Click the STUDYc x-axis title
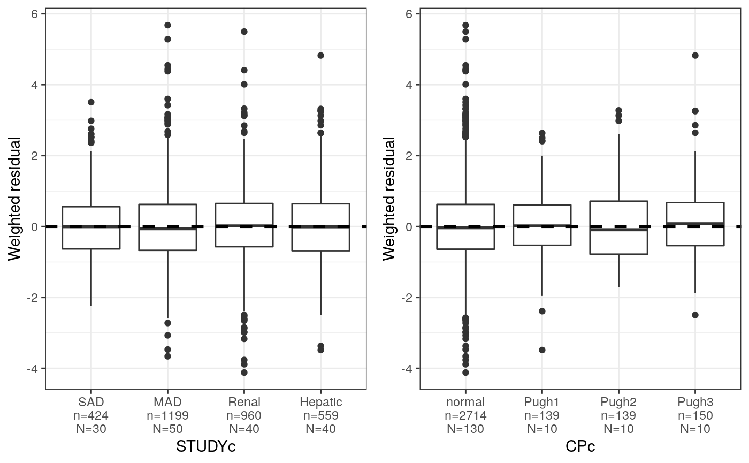pos(205,446)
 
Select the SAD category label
pos(91,402)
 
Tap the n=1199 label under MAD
pos(167,415)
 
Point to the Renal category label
pos(244,402)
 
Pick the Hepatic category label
pos(321,402)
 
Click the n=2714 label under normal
pos(465,415)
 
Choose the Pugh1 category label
pos(542,402)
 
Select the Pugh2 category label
pos(618,402)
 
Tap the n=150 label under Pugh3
pos(695,415)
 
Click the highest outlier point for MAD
pos(167,25)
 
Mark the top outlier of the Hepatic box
pos(321,55)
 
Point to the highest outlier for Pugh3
pos(695,55)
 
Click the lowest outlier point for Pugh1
pos(542,350)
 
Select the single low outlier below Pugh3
pos(695,315)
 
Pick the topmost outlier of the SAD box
pos(91,102)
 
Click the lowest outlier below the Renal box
pos(244,373)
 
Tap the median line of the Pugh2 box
pos(618,230)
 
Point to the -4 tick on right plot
pos(408,369)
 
